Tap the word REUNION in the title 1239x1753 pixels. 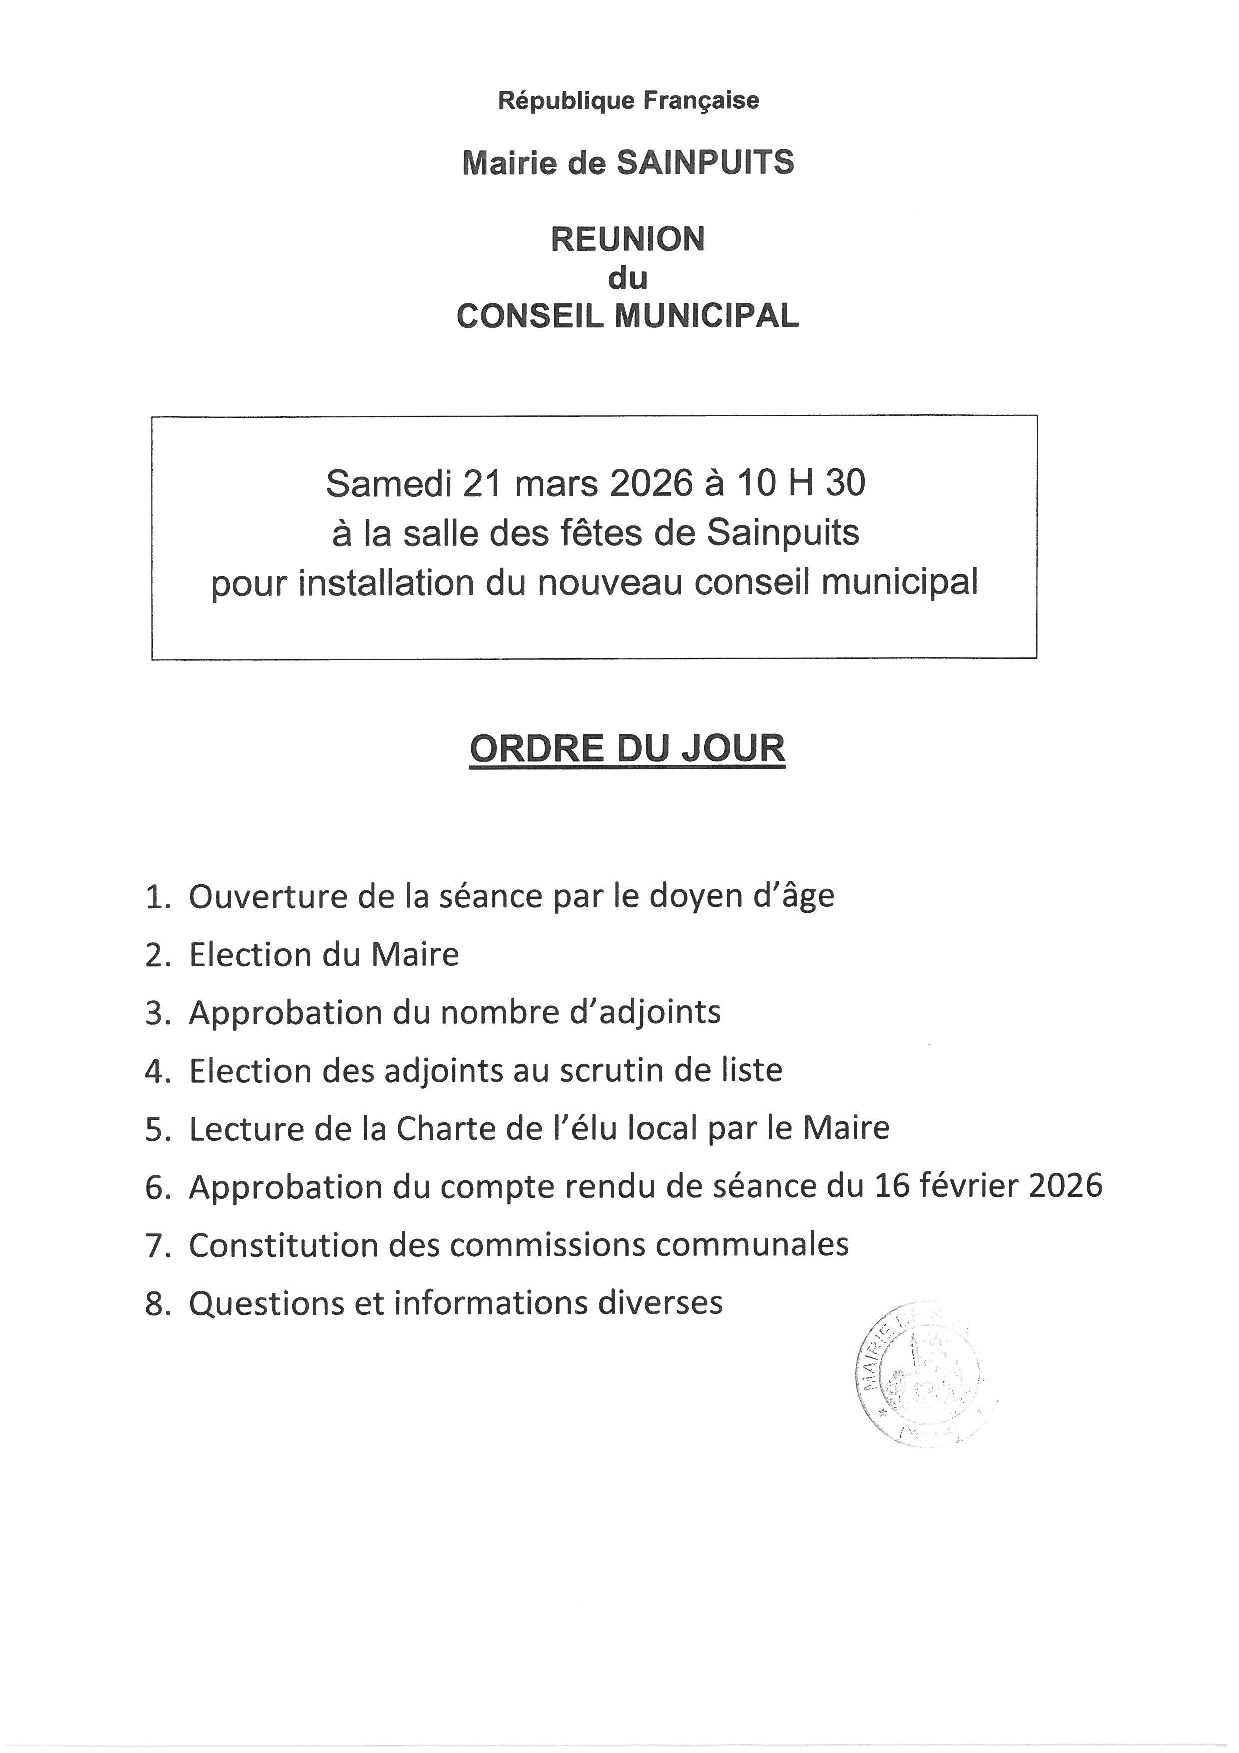[x=627, y=240]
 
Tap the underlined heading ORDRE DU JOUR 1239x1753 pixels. [x=627, y=748]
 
